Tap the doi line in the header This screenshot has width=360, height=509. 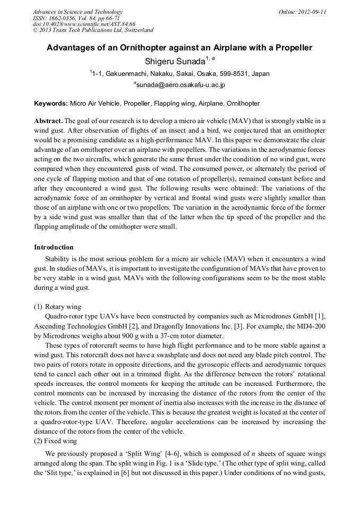(x=84, y=24)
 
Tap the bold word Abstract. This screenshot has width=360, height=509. (x=48, y=121)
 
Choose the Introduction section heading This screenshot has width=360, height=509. (x=54, y=247)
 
